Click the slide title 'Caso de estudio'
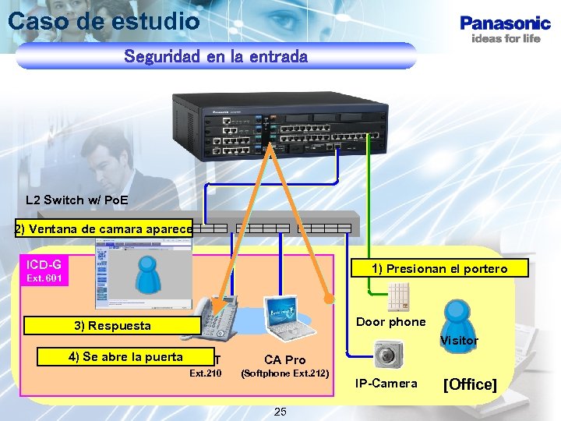(104, 22)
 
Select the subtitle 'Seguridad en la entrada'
(216, 57)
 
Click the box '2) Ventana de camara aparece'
(104, 229)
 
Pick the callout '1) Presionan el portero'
(440, 268)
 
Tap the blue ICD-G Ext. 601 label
(45, 271)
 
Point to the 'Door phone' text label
(390, 322)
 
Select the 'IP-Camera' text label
(386, 383)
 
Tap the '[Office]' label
(470, 384)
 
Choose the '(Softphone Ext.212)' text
(285, 373)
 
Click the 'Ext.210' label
(206, 373)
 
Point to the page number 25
(280, 411)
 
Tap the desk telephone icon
(210, 320)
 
